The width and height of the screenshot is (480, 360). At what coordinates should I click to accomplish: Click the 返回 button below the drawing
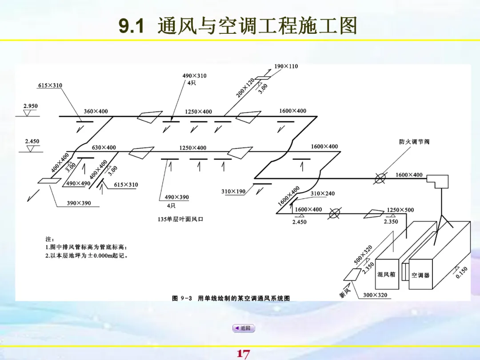pos(244,328)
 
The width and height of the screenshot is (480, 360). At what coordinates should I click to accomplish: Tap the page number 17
pos(243,354)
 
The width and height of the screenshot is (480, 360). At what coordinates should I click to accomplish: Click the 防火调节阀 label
pos(414,142)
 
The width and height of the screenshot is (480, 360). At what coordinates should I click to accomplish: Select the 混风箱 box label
pos(386,275)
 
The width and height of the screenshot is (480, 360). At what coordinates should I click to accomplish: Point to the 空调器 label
pos(420,276)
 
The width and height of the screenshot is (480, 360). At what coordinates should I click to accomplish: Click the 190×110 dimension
pos(286,67)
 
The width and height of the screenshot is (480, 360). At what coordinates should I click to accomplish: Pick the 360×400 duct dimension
pos(96,111)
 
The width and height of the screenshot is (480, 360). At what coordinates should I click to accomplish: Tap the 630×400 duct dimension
pos(104,148)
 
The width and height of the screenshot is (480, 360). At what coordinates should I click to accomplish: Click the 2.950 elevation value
pos(31,106)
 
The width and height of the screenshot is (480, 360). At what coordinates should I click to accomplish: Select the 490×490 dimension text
pos(78,184)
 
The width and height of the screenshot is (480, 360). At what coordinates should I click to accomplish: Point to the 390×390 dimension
pos(79,203)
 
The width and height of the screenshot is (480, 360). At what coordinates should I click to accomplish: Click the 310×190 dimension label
pos(233,192)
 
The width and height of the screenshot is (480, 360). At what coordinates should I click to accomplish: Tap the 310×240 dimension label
pos(323,194)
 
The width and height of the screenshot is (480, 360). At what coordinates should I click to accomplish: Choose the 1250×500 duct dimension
pos(400,210)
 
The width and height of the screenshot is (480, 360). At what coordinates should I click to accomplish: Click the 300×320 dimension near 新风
pos(375,295)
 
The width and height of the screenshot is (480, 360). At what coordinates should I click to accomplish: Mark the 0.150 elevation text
pos(462,272)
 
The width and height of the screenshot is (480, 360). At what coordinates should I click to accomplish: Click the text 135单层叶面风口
pos(177,219)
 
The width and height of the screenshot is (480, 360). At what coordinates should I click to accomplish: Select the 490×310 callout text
pos(194,76)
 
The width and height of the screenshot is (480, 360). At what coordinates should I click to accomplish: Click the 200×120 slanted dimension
pos(245,87)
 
